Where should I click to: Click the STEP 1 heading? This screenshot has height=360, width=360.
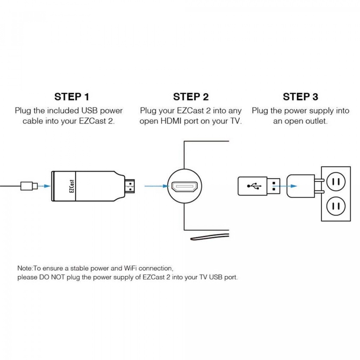(x=72, y=97)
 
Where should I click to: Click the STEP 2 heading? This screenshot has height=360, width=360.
(x=191, y=97)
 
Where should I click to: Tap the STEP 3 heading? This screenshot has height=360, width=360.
(x=301, y=97)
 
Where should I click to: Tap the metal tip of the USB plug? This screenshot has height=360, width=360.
(x=275, y=186)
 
